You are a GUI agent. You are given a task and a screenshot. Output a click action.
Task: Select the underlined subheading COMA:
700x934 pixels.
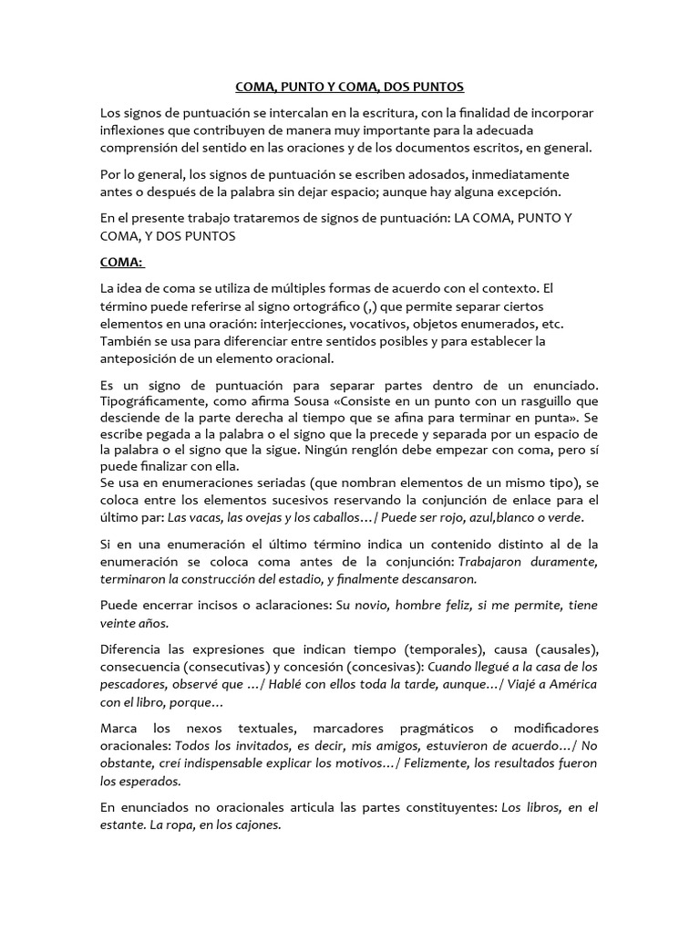click(121, 262)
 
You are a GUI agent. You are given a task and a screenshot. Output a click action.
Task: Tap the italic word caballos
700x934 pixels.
click(339, 518)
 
